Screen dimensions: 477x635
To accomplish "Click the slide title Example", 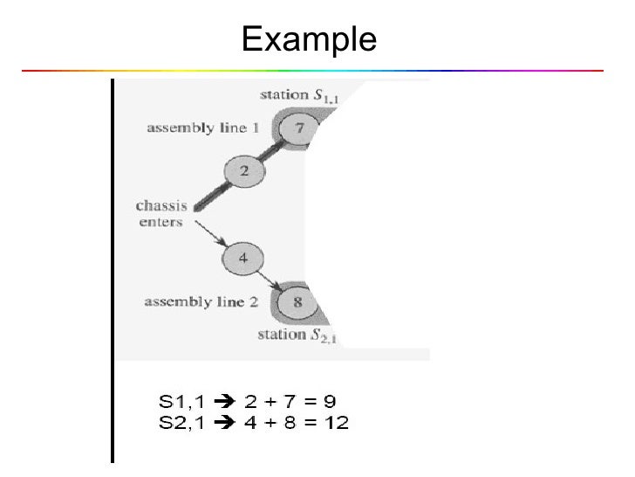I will (x=309, y=38).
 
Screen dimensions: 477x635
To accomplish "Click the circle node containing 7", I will (x=298, y=128).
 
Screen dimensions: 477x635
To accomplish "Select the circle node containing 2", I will (x=244, y=171).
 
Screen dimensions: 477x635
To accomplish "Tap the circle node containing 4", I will (x=242, y=258).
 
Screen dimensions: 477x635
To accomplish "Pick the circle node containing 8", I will (x=297, y=303).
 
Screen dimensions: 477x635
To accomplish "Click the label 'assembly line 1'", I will (x=203, y=128).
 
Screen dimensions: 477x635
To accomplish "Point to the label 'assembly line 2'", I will (x=200, y=302).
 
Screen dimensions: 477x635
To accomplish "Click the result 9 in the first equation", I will (x=330, y=402).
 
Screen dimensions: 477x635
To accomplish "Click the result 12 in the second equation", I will (x=336, y=423).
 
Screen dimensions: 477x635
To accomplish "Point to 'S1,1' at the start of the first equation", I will (x=180, y=402).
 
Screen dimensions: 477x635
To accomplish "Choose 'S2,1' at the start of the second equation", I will (x=180, y=423).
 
